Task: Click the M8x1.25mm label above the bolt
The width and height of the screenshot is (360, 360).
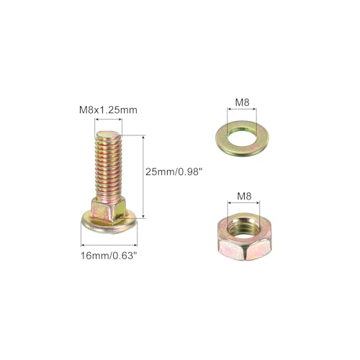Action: [x=108, y=110]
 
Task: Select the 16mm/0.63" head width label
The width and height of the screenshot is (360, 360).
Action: [x=110, y=256]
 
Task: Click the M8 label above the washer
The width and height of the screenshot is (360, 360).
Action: [x=242, y=103]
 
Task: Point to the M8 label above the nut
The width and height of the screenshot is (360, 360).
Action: [x=244, y=197]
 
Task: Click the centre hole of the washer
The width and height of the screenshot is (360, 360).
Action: [x=242, y=138]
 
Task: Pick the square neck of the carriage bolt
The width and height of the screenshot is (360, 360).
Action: [x=109, y=209]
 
